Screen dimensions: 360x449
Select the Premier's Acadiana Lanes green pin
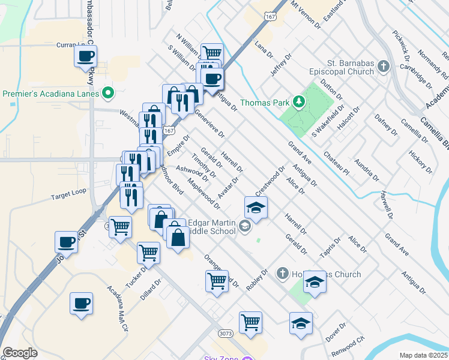point(108,93)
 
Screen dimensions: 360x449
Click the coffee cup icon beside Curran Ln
point(85,56)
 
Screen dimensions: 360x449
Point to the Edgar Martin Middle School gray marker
point(244,226)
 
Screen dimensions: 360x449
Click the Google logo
point(20,353)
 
